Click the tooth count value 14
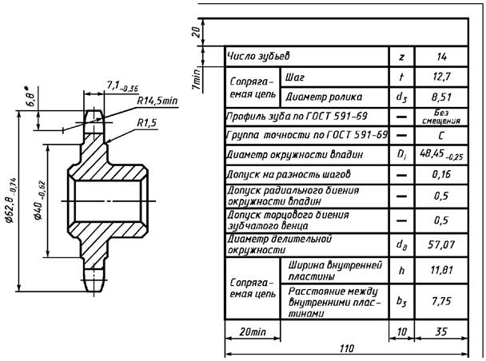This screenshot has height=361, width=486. click(x=441, y=57)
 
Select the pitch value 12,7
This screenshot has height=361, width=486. click(x=441, y=77)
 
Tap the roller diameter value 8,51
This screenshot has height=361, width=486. click(x=441, y=97)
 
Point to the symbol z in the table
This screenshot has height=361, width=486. click(x=402, y=57)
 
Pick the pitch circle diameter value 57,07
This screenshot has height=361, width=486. click(x=441, y=245)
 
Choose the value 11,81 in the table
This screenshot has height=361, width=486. click(x=441, y=270)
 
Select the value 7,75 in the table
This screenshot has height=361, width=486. click(x=441, y=301)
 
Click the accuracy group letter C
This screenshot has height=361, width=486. click(x=441, y=136)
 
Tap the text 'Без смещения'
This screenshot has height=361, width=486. click(x=441, y=117)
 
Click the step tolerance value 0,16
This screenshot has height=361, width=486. click(x=441, y=174)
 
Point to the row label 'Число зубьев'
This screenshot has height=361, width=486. click(x=258, y=57)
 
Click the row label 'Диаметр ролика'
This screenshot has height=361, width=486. click(x=324, y=97)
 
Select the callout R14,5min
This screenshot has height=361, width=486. click(x=157, y=101)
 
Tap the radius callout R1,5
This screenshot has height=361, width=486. click(x=147, y=123)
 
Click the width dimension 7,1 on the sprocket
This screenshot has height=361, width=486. click(x=122, y=86)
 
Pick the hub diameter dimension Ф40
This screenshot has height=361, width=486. click(x=40, y=200)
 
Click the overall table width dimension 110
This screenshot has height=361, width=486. click(x=347, y=348)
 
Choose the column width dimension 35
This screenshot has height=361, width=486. click(x=441, y=331)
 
